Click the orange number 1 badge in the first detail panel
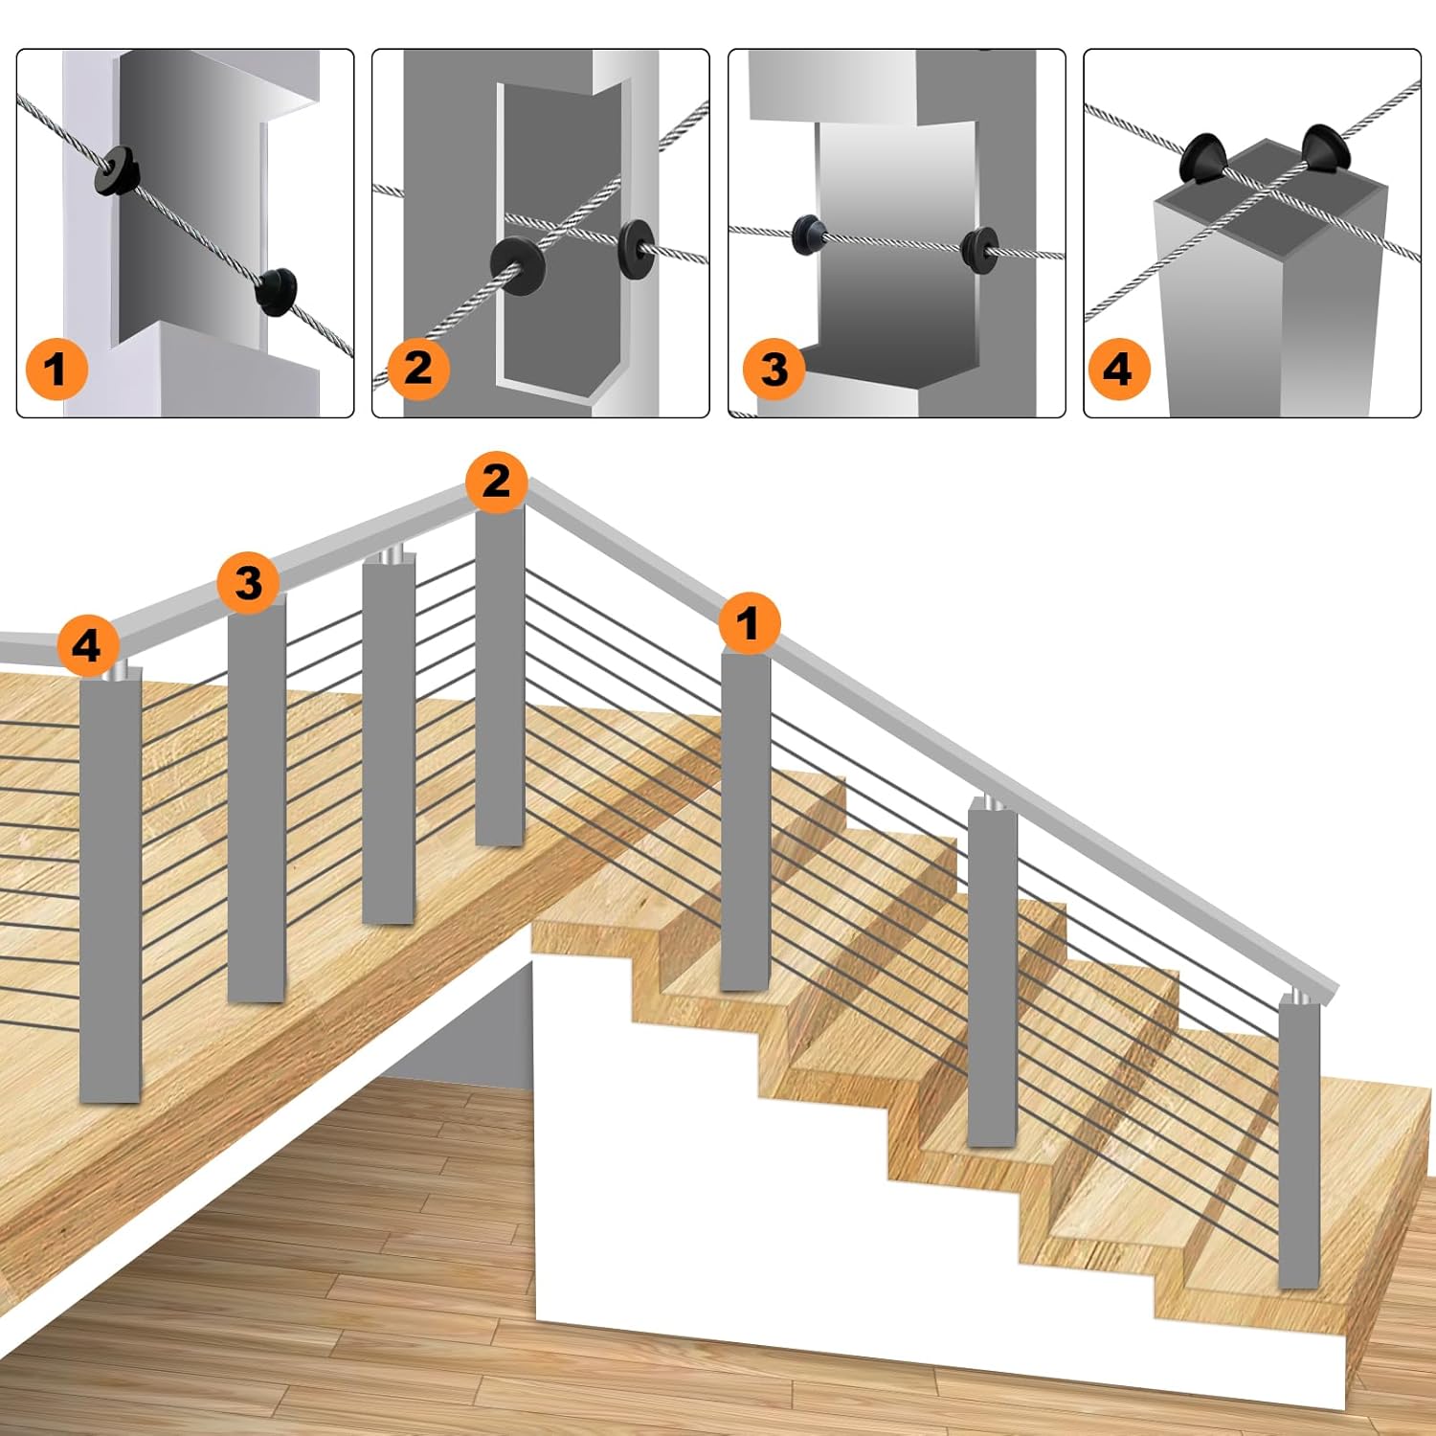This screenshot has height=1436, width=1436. [x=56, y=369]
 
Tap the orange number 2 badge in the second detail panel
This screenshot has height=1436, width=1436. [x=417, y=368]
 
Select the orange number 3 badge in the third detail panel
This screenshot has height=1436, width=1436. [x=774, y=369]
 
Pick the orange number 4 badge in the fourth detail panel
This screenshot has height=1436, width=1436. [x=1118, y=369]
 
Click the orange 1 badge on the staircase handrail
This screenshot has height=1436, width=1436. [x=749, y=623]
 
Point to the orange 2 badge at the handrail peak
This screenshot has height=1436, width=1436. [x=496, y=481]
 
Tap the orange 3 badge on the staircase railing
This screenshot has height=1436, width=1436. [x=248, y=582]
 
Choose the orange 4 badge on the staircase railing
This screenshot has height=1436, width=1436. [x=87, y=645]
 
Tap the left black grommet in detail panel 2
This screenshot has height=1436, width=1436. [x=518, y=264]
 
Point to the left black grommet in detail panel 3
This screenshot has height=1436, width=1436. [x=808, y=235]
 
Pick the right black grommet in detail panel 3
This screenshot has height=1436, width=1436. [x=978, y=250]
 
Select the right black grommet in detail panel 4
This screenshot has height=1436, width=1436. [x=1322, y=148]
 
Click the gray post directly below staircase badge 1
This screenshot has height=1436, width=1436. [x=746, y=821]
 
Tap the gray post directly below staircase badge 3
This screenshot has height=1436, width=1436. [x=257, y=798]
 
